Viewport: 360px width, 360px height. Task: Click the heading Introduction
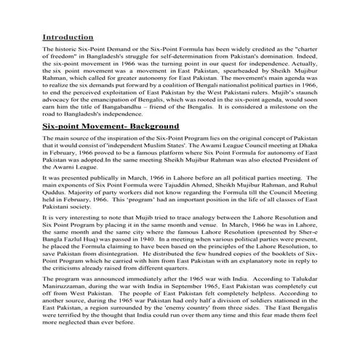point(71,36)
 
